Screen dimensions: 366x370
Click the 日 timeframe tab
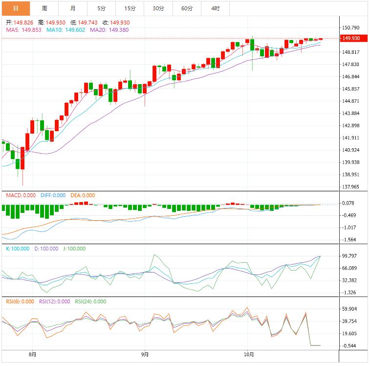16,8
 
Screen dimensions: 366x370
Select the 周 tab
44,8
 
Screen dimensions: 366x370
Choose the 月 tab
73,8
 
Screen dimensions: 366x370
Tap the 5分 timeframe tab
101,8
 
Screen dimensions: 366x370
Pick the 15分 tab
130,8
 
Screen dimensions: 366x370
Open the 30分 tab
158,8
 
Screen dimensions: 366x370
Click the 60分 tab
187,8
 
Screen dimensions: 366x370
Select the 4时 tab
216,8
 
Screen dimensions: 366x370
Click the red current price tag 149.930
351,38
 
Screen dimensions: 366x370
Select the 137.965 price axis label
351,187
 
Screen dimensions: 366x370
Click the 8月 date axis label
32,354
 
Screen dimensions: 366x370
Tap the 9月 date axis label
145,354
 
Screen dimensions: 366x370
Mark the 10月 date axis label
248,354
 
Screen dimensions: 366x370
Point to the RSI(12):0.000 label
55,301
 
